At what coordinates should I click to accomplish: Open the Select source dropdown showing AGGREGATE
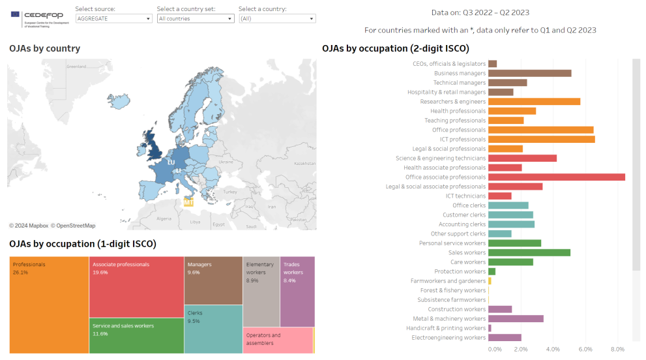click(113, 19)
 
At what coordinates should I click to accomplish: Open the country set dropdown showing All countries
click(195, 19)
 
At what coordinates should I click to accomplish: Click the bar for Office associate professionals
click(556, 177)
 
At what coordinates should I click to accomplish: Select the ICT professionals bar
click(541, 139)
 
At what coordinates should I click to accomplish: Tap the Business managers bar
click(529, 73)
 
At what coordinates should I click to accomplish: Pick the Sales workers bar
click(529, 252)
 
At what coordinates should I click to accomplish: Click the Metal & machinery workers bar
click(516, 318)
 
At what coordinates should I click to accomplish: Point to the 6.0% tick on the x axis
click(585, 349)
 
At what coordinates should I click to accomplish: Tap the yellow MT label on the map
click(188, 203)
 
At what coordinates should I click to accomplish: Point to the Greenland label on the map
click(76, 67)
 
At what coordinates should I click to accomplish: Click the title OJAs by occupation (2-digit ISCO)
click(395, 48)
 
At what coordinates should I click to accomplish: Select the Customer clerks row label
click(464, 215)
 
